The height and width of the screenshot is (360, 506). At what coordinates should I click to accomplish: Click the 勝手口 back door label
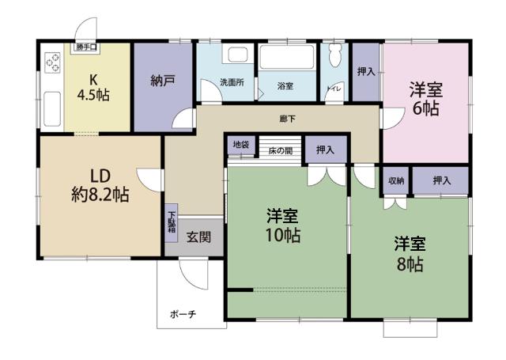tap(86, 47)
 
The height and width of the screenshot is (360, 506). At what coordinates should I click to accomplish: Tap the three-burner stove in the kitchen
tap(53, 63)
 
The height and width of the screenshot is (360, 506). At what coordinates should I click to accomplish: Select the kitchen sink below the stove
tap(52, 109)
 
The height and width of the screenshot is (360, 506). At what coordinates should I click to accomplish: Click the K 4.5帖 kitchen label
tap(93, 87)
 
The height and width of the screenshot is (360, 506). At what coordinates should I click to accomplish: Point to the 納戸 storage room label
tap(163, 81)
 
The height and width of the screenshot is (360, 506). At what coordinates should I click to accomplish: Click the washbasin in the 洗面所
tap(238, 55)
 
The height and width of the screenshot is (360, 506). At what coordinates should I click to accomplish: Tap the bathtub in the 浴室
tap(287, 57)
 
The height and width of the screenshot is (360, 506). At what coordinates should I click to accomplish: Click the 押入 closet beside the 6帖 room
tap(365, 72)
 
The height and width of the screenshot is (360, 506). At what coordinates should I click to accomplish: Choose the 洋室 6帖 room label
tap(426, 99)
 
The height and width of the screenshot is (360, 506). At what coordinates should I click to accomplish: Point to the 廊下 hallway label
tap(287, 119)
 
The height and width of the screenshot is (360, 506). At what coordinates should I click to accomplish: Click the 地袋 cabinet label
tap(241, 144)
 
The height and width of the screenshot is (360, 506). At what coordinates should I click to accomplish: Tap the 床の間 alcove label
tap(281, 150)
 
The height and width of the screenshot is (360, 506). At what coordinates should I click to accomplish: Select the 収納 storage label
tap(396, 181)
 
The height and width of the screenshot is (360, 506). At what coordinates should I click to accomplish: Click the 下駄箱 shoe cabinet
tap(172, 223)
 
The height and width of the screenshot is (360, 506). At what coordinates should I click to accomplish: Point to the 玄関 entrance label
tap(198, 237)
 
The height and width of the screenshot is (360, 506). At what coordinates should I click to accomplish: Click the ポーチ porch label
tap(183, 314)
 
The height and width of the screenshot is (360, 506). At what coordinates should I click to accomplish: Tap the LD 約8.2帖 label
tap(100, 186)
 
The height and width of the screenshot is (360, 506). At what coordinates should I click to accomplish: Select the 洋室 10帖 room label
tap(283, 225)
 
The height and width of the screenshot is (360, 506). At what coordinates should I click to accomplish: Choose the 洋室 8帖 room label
tap(410, 254)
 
